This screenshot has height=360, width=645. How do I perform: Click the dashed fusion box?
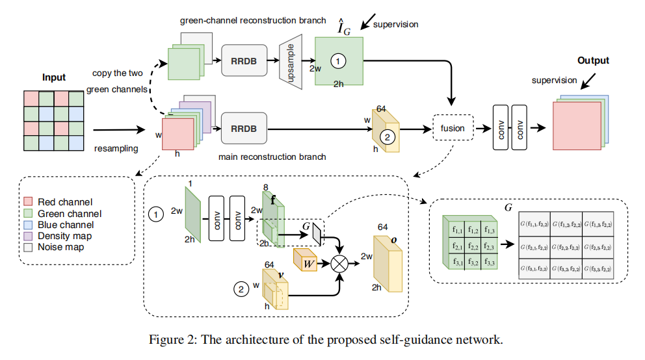453,128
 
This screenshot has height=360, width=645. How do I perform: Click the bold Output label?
593,60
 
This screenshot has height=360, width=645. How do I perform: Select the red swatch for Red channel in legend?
29,202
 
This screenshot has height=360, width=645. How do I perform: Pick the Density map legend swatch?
29,235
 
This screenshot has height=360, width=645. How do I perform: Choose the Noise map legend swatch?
29,247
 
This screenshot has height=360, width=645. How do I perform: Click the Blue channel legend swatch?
29,224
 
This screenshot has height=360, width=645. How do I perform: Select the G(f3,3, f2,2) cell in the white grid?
597,268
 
